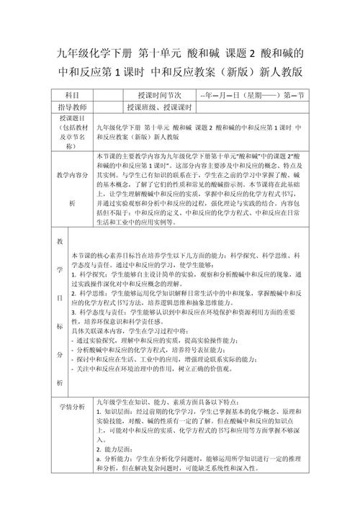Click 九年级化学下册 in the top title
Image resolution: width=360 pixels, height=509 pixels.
(x=89, y=53)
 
